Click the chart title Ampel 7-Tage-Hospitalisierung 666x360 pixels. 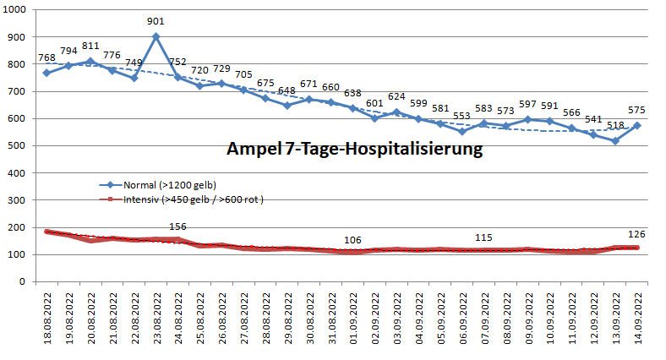click(354, 150)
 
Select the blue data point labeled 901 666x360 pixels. click(156, 37)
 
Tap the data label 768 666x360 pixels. click(47, 58)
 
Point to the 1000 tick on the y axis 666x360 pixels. click(16, 10)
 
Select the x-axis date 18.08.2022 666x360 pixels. click(47, 320)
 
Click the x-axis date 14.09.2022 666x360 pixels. click(638, 320)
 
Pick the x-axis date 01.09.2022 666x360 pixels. click(353, 320)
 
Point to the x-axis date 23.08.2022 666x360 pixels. click(156, 320)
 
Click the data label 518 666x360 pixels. click(615, 126)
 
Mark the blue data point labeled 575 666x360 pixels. click(637, 126)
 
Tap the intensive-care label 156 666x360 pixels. click(178, 226)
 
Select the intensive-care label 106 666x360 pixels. click(353, 240)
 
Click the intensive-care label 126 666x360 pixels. click(637, 234)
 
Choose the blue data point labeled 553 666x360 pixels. click(462, 132)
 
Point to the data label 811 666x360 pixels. click(91, 46)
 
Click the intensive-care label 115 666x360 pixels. click(484, 238)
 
